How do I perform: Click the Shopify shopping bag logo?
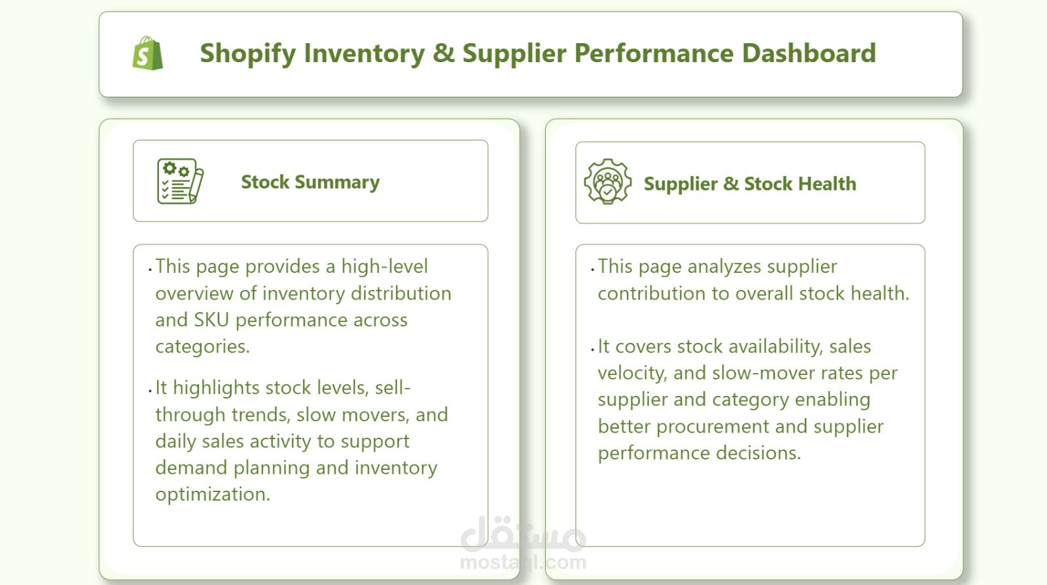[148, 53]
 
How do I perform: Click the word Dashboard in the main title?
[809, 53]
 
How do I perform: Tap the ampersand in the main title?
[444, 53]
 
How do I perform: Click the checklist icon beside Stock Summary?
[180, 181]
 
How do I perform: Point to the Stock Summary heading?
[310, 182]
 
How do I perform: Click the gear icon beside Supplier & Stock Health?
[608, 181]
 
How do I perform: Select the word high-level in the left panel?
[384, 267]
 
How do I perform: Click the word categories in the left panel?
[202, 347]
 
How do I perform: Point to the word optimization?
[213, 494]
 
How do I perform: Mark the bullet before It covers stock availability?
[593, 349]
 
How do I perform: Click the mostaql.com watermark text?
[523, 562]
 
